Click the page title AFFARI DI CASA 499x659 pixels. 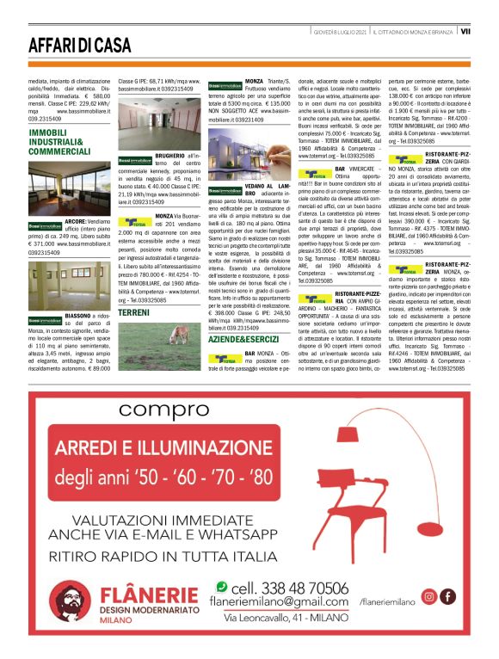point(77,44)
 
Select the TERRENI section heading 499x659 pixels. point(133,312)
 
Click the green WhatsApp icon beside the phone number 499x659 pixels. point(222,588)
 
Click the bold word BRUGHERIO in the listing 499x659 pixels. point(171,155)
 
